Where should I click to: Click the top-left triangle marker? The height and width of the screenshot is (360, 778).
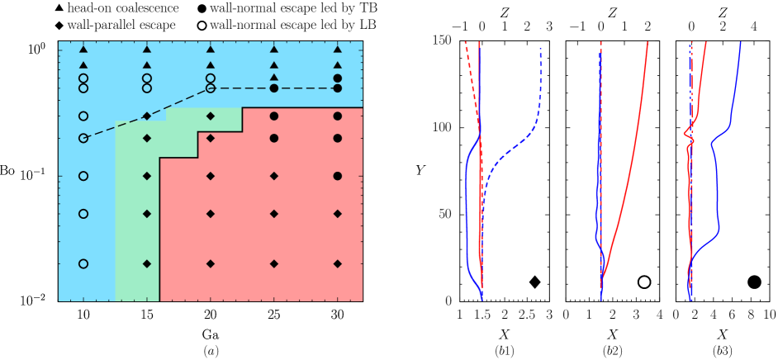(x=83, y=50)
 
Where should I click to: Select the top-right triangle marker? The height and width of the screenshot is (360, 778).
(x=338, y=50)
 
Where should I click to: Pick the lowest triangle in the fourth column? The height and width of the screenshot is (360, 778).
(x=274, y=78)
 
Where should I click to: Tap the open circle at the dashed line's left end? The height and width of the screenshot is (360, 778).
(x=83, y=138)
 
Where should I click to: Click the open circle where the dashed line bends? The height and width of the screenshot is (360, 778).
(x=211, y=88)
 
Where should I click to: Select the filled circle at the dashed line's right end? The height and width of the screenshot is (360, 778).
(x=338, y=88)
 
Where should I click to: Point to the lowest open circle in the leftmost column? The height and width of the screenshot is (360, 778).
(x=83, y=263)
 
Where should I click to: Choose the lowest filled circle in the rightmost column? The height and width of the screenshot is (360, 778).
(x=338, y=176)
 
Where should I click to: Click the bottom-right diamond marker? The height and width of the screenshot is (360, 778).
(x=338, y=263)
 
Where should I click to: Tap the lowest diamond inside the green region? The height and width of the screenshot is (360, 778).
(x=147, y=263)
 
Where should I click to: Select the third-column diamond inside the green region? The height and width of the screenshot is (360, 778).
(x=211, y=116)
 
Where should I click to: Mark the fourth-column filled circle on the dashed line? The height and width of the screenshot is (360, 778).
(x=274, y=88)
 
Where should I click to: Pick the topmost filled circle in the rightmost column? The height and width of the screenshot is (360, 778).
(x=338, y=78)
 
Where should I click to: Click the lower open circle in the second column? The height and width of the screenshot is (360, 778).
(x=147, y=88)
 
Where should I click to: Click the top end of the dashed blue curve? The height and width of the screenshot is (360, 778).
(x=540, y=48)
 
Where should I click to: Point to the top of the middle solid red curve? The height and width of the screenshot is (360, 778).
(x=648, y=42)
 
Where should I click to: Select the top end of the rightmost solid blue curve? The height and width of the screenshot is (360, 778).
(x=740, y=42)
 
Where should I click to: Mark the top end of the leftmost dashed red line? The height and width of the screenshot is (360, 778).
(x=466, y=41)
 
